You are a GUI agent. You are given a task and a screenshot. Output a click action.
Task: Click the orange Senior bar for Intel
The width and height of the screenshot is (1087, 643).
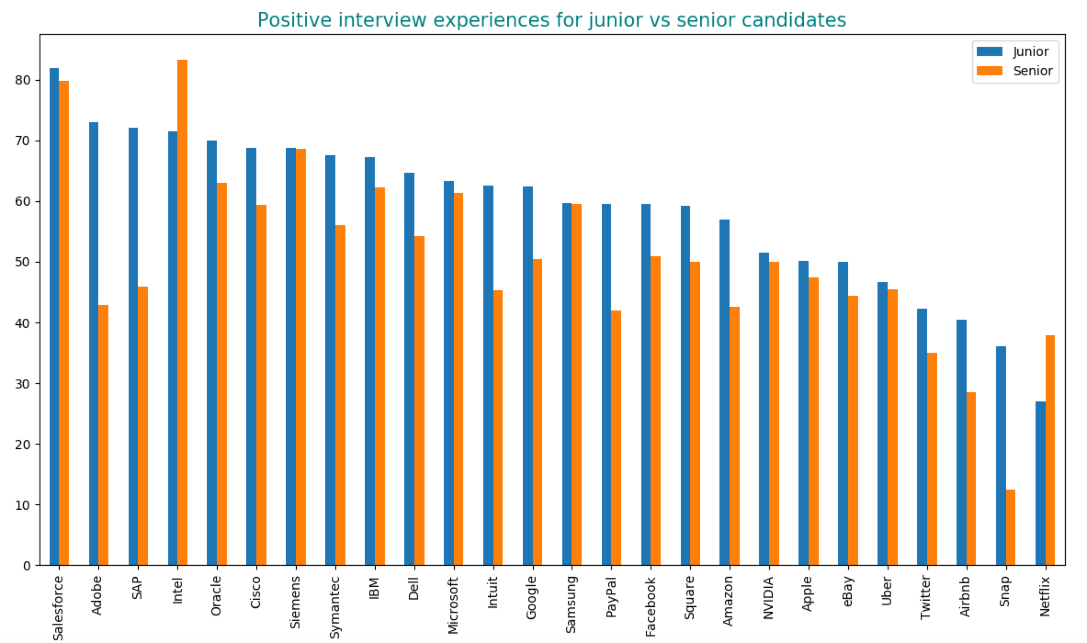182,312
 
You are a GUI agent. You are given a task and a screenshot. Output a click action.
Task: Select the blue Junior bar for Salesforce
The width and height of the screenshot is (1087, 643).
54,317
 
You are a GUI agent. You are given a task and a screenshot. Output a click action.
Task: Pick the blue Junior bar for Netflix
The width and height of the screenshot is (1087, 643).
1040,483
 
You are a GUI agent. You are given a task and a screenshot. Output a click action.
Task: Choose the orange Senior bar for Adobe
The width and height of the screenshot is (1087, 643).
103,435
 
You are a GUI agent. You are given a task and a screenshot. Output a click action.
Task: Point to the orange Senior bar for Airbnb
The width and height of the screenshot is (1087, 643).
971,479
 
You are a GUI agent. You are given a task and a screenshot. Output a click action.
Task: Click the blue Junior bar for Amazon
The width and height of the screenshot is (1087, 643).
724,392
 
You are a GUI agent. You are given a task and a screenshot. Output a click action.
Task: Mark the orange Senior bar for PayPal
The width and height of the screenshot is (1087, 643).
616,438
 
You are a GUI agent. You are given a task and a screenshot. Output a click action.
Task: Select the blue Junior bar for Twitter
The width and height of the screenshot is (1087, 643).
922,437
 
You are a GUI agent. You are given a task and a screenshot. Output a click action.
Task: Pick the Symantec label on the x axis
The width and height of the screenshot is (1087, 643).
335,608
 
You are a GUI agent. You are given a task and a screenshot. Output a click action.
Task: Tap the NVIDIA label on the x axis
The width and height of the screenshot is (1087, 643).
769,598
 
